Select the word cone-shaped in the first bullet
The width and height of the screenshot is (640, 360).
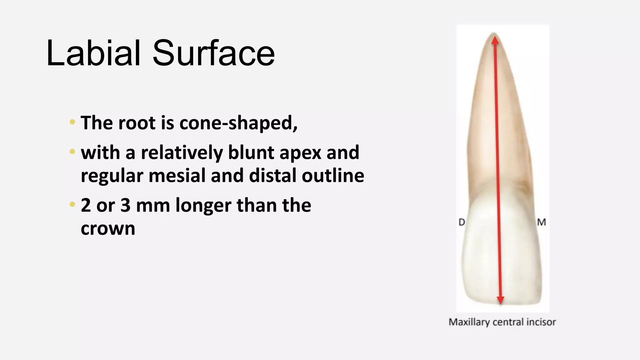pyautogui.click(x=238, y=123)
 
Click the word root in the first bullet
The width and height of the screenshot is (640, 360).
pyautogui.click(x=137, y=123)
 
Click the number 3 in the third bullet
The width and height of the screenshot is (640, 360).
pyautogui.click(x=125, y=205)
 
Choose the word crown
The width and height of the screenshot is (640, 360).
pyautogui.click(x=108, y=229)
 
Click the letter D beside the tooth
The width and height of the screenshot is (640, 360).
pyautogui.click(x=462, y=222)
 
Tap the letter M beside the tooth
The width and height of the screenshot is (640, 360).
pyautogui.click(x=542, y=222)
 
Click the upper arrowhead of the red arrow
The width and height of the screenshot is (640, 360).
pyautogui.click(x=495, y=40)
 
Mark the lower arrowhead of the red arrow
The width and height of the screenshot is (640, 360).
pyautogui.click(x=501, y=300)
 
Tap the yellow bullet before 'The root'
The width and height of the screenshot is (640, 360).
pyautogui.click(x=72, y=122)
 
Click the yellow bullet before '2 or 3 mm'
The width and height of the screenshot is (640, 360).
pyautogui.click(x=72, y=205)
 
